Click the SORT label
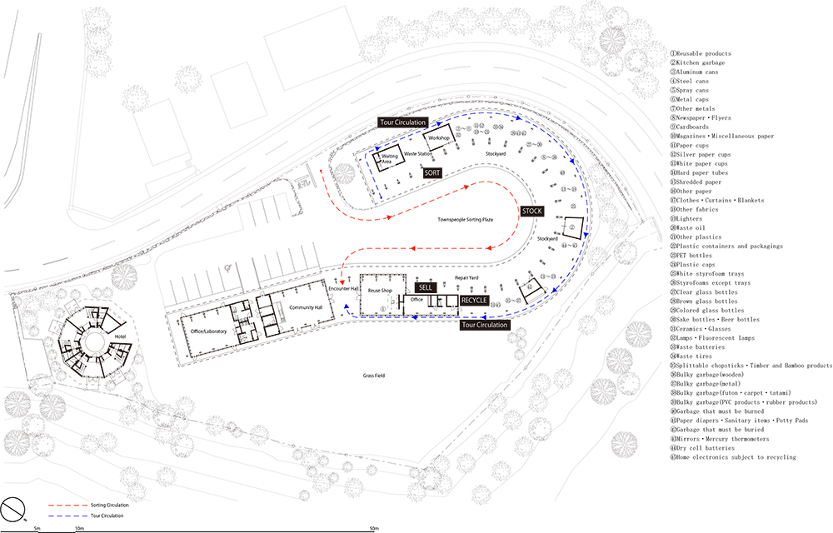(431, 172)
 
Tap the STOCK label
(531, 212)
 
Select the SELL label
(425, 287)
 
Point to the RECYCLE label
(474, 300)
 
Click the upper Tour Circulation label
(402, 122)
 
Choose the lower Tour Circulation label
(484, 325)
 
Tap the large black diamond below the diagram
(378, 382)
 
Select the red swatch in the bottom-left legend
(63, 504)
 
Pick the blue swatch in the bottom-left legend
(63, 517)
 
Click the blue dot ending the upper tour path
(381, 196)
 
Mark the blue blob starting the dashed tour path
(345, 306)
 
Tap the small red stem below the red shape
(341, 275)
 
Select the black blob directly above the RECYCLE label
(468, 276)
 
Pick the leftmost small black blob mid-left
(122, 336)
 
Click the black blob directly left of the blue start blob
(307, 307)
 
